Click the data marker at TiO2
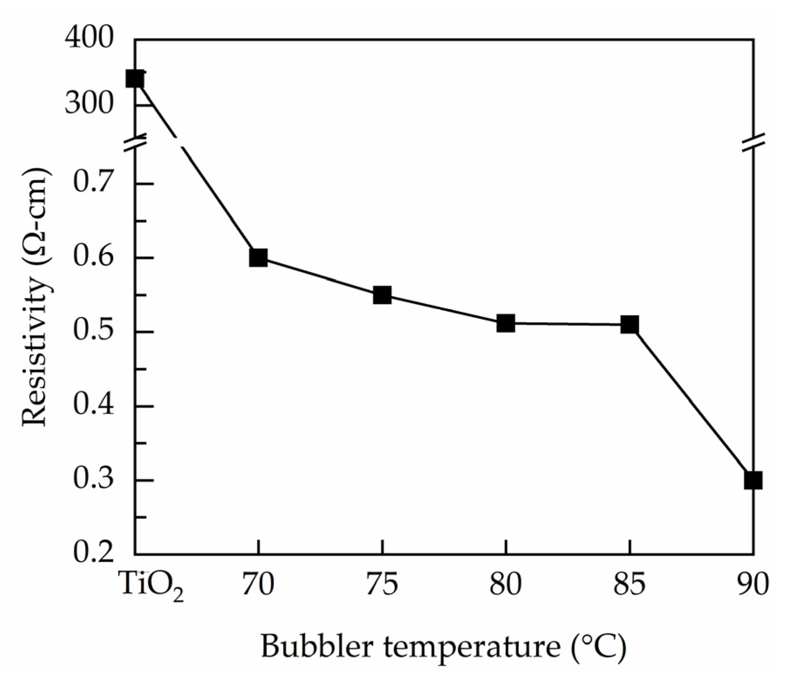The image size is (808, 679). pos(135,79)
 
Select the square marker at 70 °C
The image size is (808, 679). pos(258,258)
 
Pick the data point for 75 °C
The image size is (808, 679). pos(382,295)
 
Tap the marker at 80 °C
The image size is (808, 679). pos(505,323)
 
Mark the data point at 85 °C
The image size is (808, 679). pos(629,324)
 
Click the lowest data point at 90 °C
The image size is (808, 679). pos(753,480)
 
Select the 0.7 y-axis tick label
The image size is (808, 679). pos(93,182)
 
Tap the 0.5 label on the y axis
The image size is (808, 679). pos(93,331)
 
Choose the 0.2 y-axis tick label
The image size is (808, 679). pos(93,553)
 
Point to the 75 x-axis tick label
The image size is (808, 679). pos(382,584)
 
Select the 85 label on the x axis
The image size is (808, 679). pos(629,584)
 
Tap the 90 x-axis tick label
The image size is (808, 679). pos(753,584)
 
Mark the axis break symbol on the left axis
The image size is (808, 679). pos(135,144)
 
